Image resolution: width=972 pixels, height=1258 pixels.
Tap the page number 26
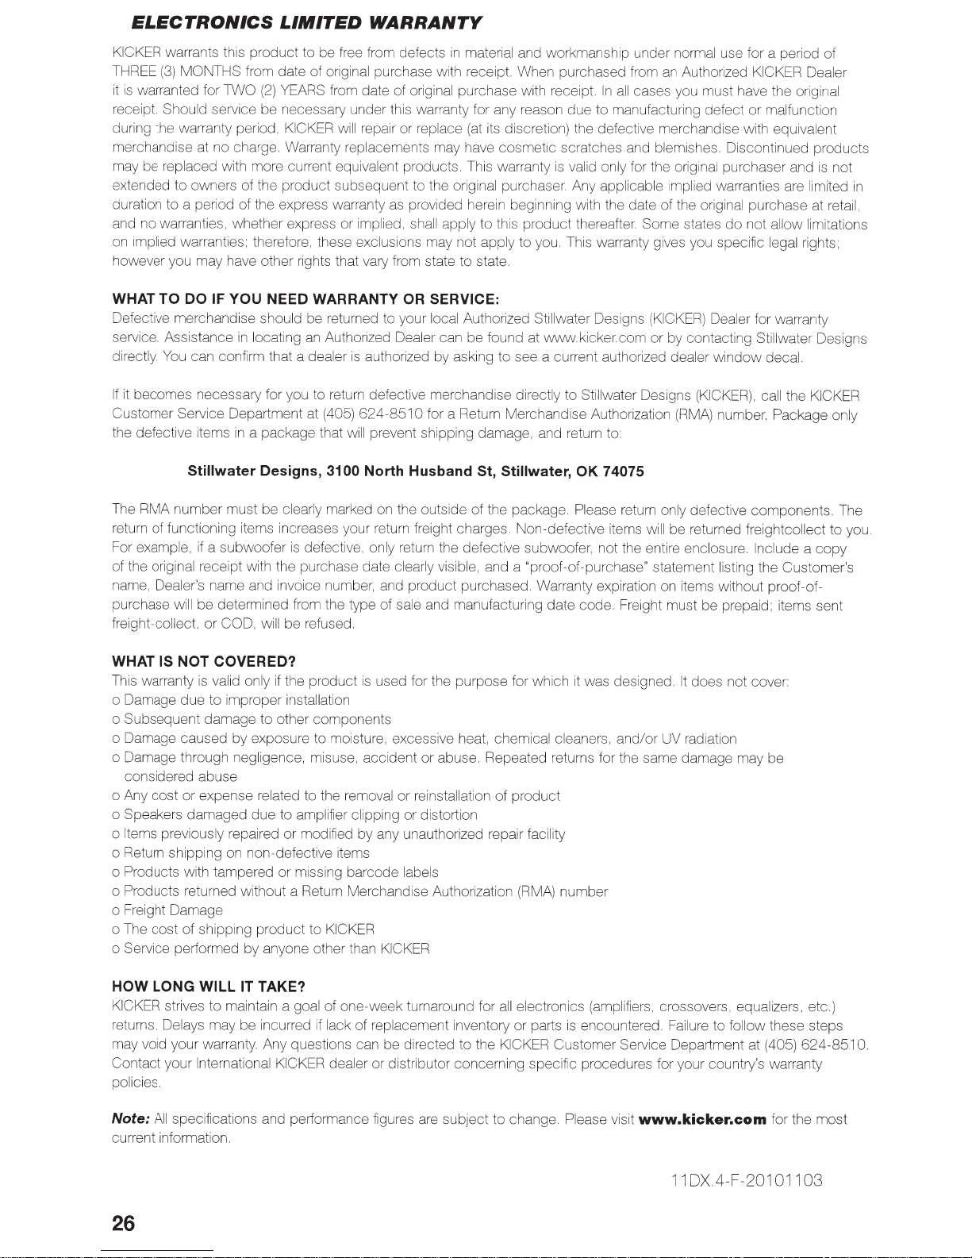(x=124, y=1224)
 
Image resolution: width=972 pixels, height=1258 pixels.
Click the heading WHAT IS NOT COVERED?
(x=204, y=662)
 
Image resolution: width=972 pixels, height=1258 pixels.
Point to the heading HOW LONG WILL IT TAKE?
(x=209, y=987)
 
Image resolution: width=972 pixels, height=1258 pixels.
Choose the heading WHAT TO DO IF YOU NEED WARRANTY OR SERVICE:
(x=305, y=299)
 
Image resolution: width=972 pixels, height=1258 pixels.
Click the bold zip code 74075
(x=623, y=471)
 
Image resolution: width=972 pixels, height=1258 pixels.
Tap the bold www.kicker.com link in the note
(x=702, y=1120)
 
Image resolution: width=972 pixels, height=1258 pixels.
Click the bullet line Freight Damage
(x=168, y=910)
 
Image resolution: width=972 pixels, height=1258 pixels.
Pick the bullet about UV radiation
(x=425, y=739)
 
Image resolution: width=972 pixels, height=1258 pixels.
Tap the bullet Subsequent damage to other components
(x=252, y=720)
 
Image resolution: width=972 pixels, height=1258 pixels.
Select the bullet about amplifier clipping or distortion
(x=295, y=815)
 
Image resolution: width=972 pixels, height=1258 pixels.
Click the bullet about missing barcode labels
(x=275, y=872)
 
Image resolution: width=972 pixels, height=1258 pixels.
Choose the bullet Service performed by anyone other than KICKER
(x=271, y=948)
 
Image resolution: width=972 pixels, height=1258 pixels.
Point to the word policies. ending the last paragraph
(x=138, y=1083)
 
